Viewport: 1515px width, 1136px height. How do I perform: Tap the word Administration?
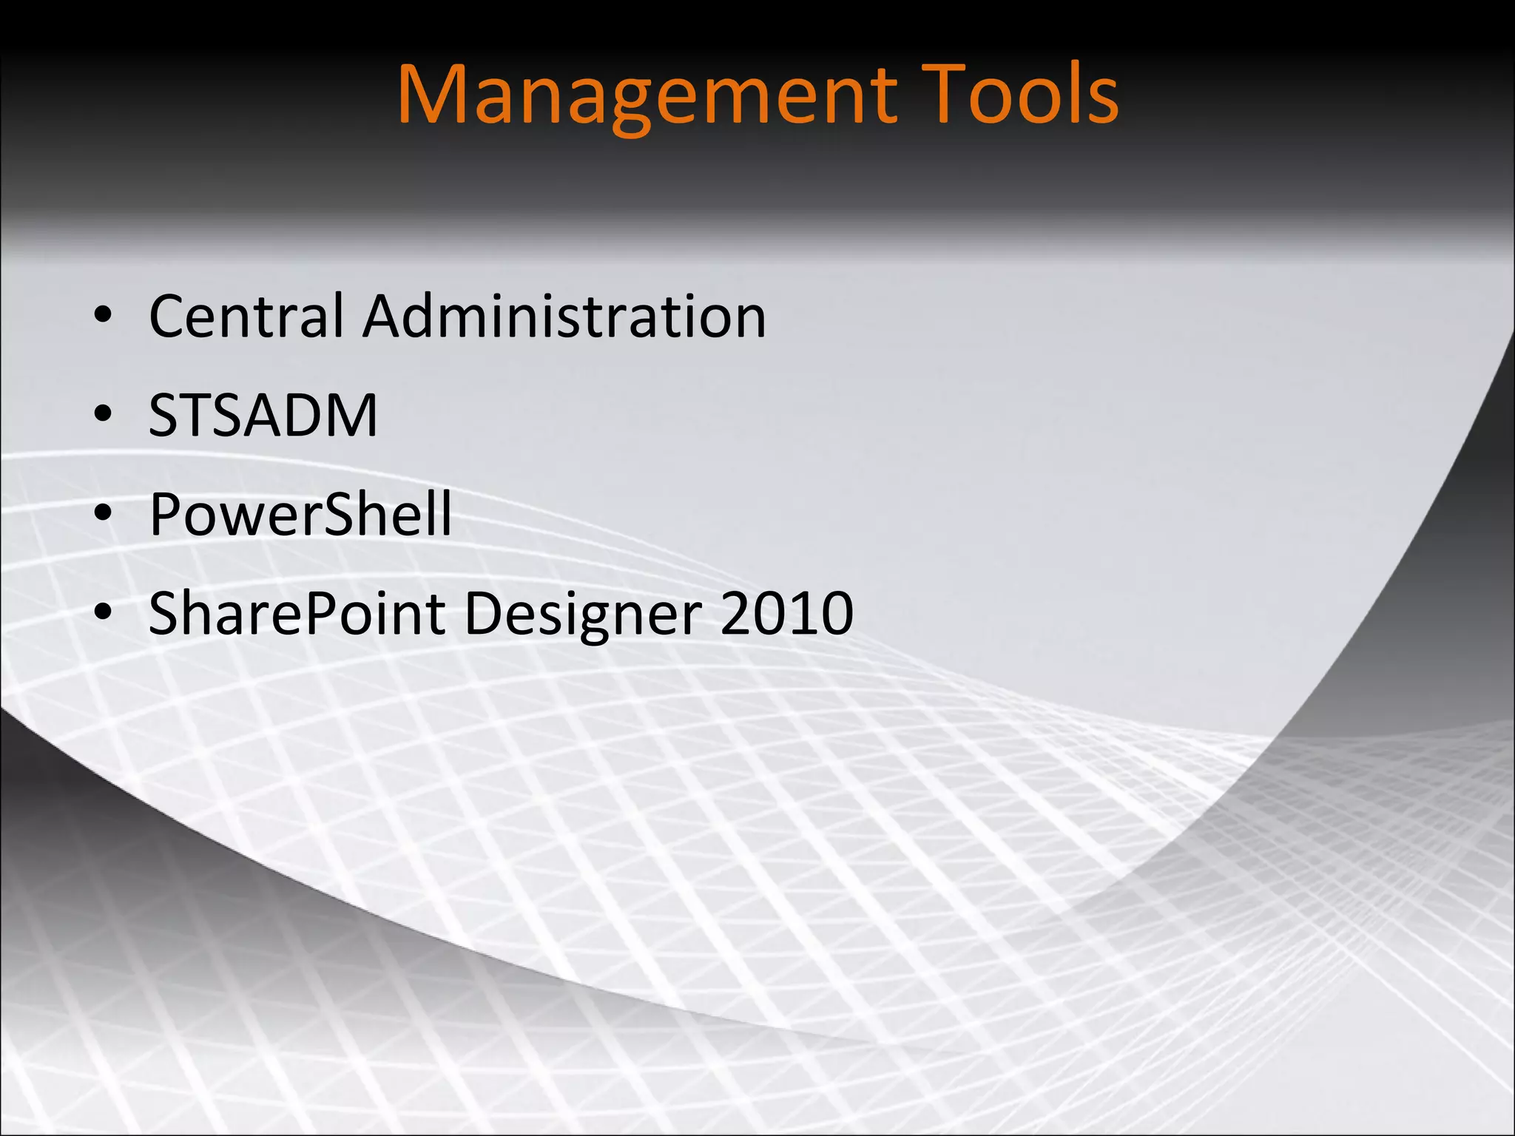click(x=564, y=317)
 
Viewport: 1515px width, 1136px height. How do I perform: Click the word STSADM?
click(x=263, y=416)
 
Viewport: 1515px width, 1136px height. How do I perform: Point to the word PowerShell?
click(x=300, y=514)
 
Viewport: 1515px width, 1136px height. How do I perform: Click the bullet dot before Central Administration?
click(x=103, y=317)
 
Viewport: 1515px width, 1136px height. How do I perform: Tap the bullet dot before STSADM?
click(x=103, y=416)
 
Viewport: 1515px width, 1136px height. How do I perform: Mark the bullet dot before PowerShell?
click(x=103, y=514)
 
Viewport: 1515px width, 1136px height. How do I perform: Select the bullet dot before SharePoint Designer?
click(x=103, y=613)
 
